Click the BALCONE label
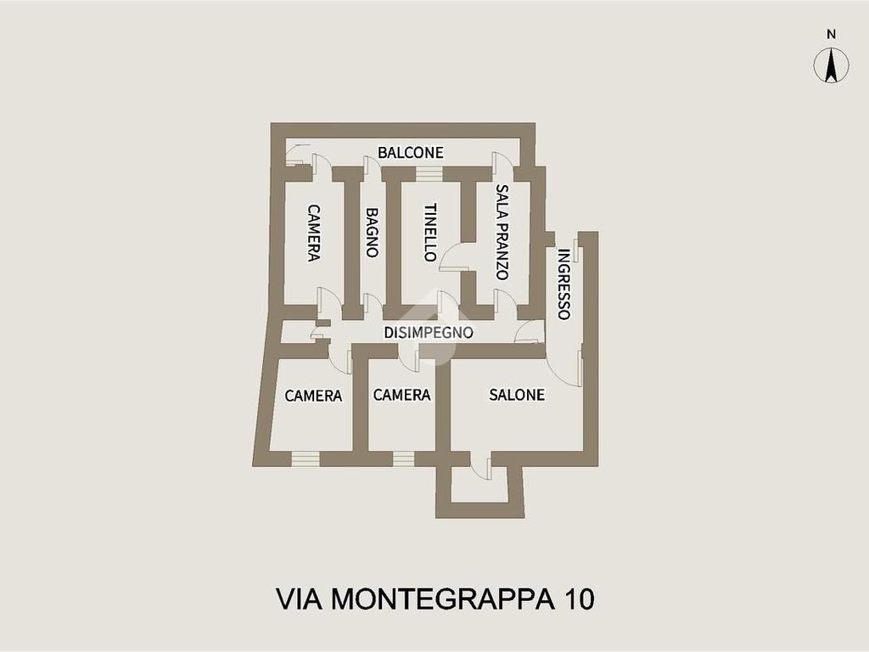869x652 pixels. pos(410,153)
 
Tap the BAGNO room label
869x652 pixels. pos(372,233)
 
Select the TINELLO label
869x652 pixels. pos(430,233)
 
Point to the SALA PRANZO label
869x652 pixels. pos(502,233)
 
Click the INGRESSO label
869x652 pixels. pos(563,284)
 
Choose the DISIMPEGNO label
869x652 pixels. pos(429,333)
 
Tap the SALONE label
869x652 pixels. pos(517,395)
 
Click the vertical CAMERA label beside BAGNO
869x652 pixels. pos(314,233)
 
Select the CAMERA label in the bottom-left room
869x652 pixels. pos(313,396)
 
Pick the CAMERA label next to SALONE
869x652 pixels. pos(401,395)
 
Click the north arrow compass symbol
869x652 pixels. pos(831,65)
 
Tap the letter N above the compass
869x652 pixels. pos(831,34)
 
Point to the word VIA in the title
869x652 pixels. pos(299,599)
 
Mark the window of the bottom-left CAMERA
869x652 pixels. pos(306,458)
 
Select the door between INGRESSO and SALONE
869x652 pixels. pos(564,365)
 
